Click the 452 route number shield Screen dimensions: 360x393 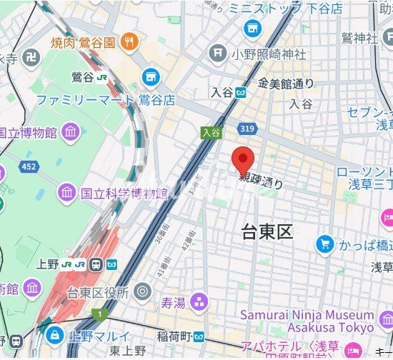click(x=28, y=167)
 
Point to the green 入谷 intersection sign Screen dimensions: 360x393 click(x=209, y=132)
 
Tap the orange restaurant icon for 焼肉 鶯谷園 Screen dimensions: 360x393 click(x=129, y=41)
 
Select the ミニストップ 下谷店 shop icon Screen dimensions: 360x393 click(x=252, y=28)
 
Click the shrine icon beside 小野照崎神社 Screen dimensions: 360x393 click(x=218, y=53)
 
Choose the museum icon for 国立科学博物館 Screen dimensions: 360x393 click(x=66, y=192)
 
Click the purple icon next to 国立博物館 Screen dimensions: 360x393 click(x=70, y=131)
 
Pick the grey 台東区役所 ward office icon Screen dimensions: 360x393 click(x=142, y=291)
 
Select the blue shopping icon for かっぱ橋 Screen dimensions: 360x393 click(x=325, y=245)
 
